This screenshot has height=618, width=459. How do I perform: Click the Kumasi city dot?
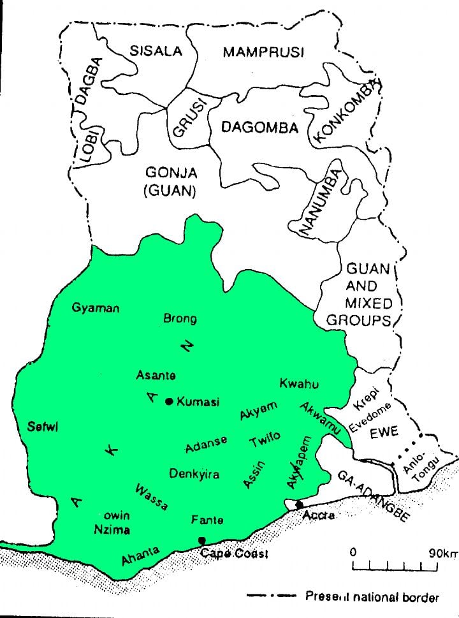(169, 401)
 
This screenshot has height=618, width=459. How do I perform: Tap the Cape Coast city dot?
(202, 540)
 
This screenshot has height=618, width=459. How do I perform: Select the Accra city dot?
(300, 505)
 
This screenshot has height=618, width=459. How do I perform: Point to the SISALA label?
(156, 51)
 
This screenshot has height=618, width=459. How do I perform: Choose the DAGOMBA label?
(259, 128)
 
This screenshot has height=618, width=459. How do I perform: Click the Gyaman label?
(96, 308)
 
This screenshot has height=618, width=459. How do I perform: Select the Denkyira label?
(194, 474)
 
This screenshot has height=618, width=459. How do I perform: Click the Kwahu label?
(298, 383)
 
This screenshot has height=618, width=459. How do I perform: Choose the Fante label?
(207, 520)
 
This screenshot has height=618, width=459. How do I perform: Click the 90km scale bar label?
(442, 553)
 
